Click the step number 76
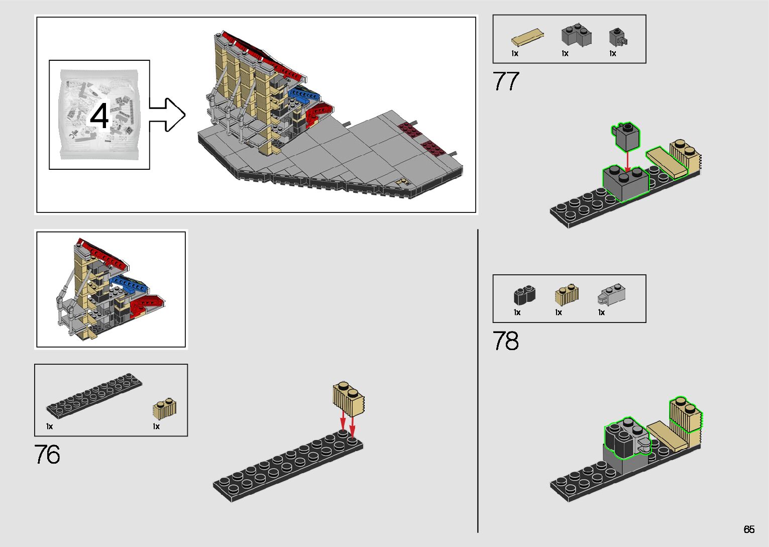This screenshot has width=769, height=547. (x=47, y=455)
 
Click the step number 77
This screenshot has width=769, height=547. (x=505, y=81)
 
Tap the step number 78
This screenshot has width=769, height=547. (x=505, y=341)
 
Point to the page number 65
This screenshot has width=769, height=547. (x=749, y=529)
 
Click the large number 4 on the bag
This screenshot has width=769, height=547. (x=99, y=116)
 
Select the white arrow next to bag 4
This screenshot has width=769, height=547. (x=168, y=115)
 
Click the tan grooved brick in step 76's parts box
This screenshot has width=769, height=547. (x=164, y=409)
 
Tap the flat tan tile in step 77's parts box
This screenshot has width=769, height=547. (x=528, y=38)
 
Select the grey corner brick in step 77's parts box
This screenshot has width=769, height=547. (x=576, y=35)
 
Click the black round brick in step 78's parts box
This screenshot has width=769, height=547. (x=524, y=295)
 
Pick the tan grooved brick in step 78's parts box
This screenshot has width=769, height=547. (x=567, y=294)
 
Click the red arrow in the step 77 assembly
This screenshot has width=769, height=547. (x=627, y=160)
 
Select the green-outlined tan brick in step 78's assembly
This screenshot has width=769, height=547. (x=685, y=415)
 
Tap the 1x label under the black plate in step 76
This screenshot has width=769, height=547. (x=49, y=426)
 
